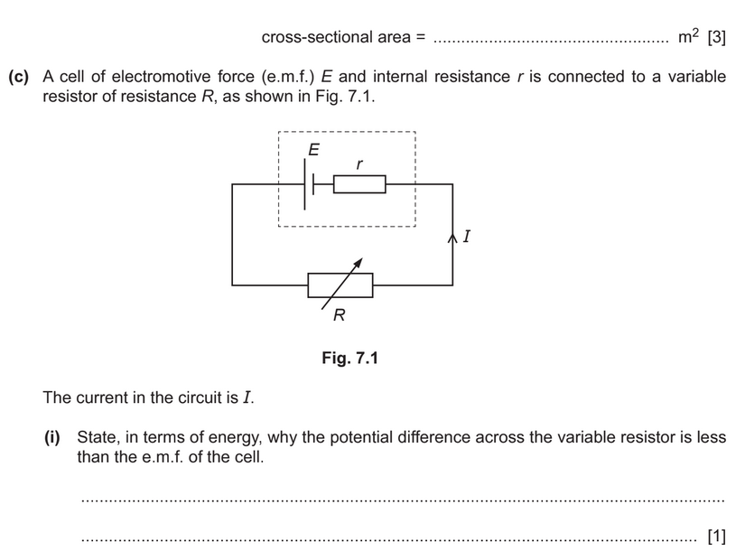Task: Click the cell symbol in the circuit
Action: pyautogui.click(x=309, y=184)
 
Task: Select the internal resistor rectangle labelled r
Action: pyautogui.click(x=360, y=184)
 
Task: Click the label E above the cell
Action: pyautogui.click(x=313, y=151)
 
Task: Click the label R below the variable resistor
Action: pyautogui.click(x=340, y=315)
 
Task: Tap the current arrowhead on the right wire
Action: pyautogui.click(x=452, y=239)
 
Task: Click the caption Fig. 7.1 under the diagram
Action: pyautogui.click(x=350, y=359)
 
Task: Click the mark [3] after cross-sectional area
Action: pyautogui.click(x=716, y=37)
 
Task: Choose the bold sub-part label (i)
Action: pyautogui.click(x=53, y=437)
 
